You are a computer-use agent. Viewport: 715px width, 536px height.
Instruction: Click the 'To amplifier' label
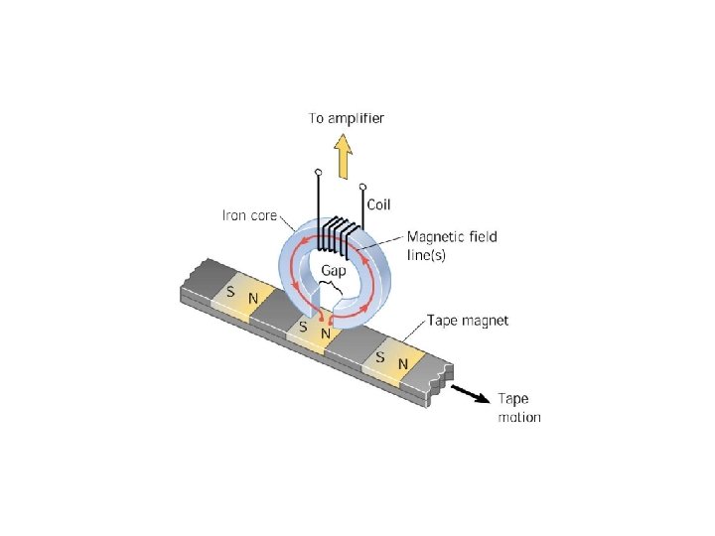point(346,118)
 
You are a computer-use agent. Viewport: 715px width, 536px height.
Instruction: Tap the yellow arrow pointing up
point(344,156)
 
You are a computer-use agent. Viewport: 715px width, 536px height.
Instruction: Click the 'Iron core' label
point(248,214)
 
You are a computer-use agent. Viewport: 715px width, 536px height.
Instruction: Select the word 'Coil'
point(379,205)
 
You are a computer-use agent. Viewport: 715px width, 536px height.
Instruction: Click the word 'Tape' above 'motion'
point(512,398)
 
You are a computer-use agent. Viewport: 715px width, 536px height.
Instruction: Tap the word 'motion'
point(518,417)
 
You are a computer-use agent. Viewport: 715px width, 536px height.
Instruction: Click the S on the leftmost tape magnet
point(230,293)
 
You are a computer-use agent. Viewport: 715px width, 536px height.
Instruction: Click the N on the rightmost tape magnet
point(402,364)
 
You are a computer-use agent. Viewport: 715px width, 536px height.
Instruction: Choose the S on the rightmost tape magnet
point(380,356)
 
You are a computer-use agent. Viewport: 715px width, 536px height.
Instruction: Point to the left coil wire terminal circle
point(318,173)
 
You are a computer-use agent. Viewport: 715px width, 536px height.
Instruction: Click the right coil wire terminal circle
point(362,186)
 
